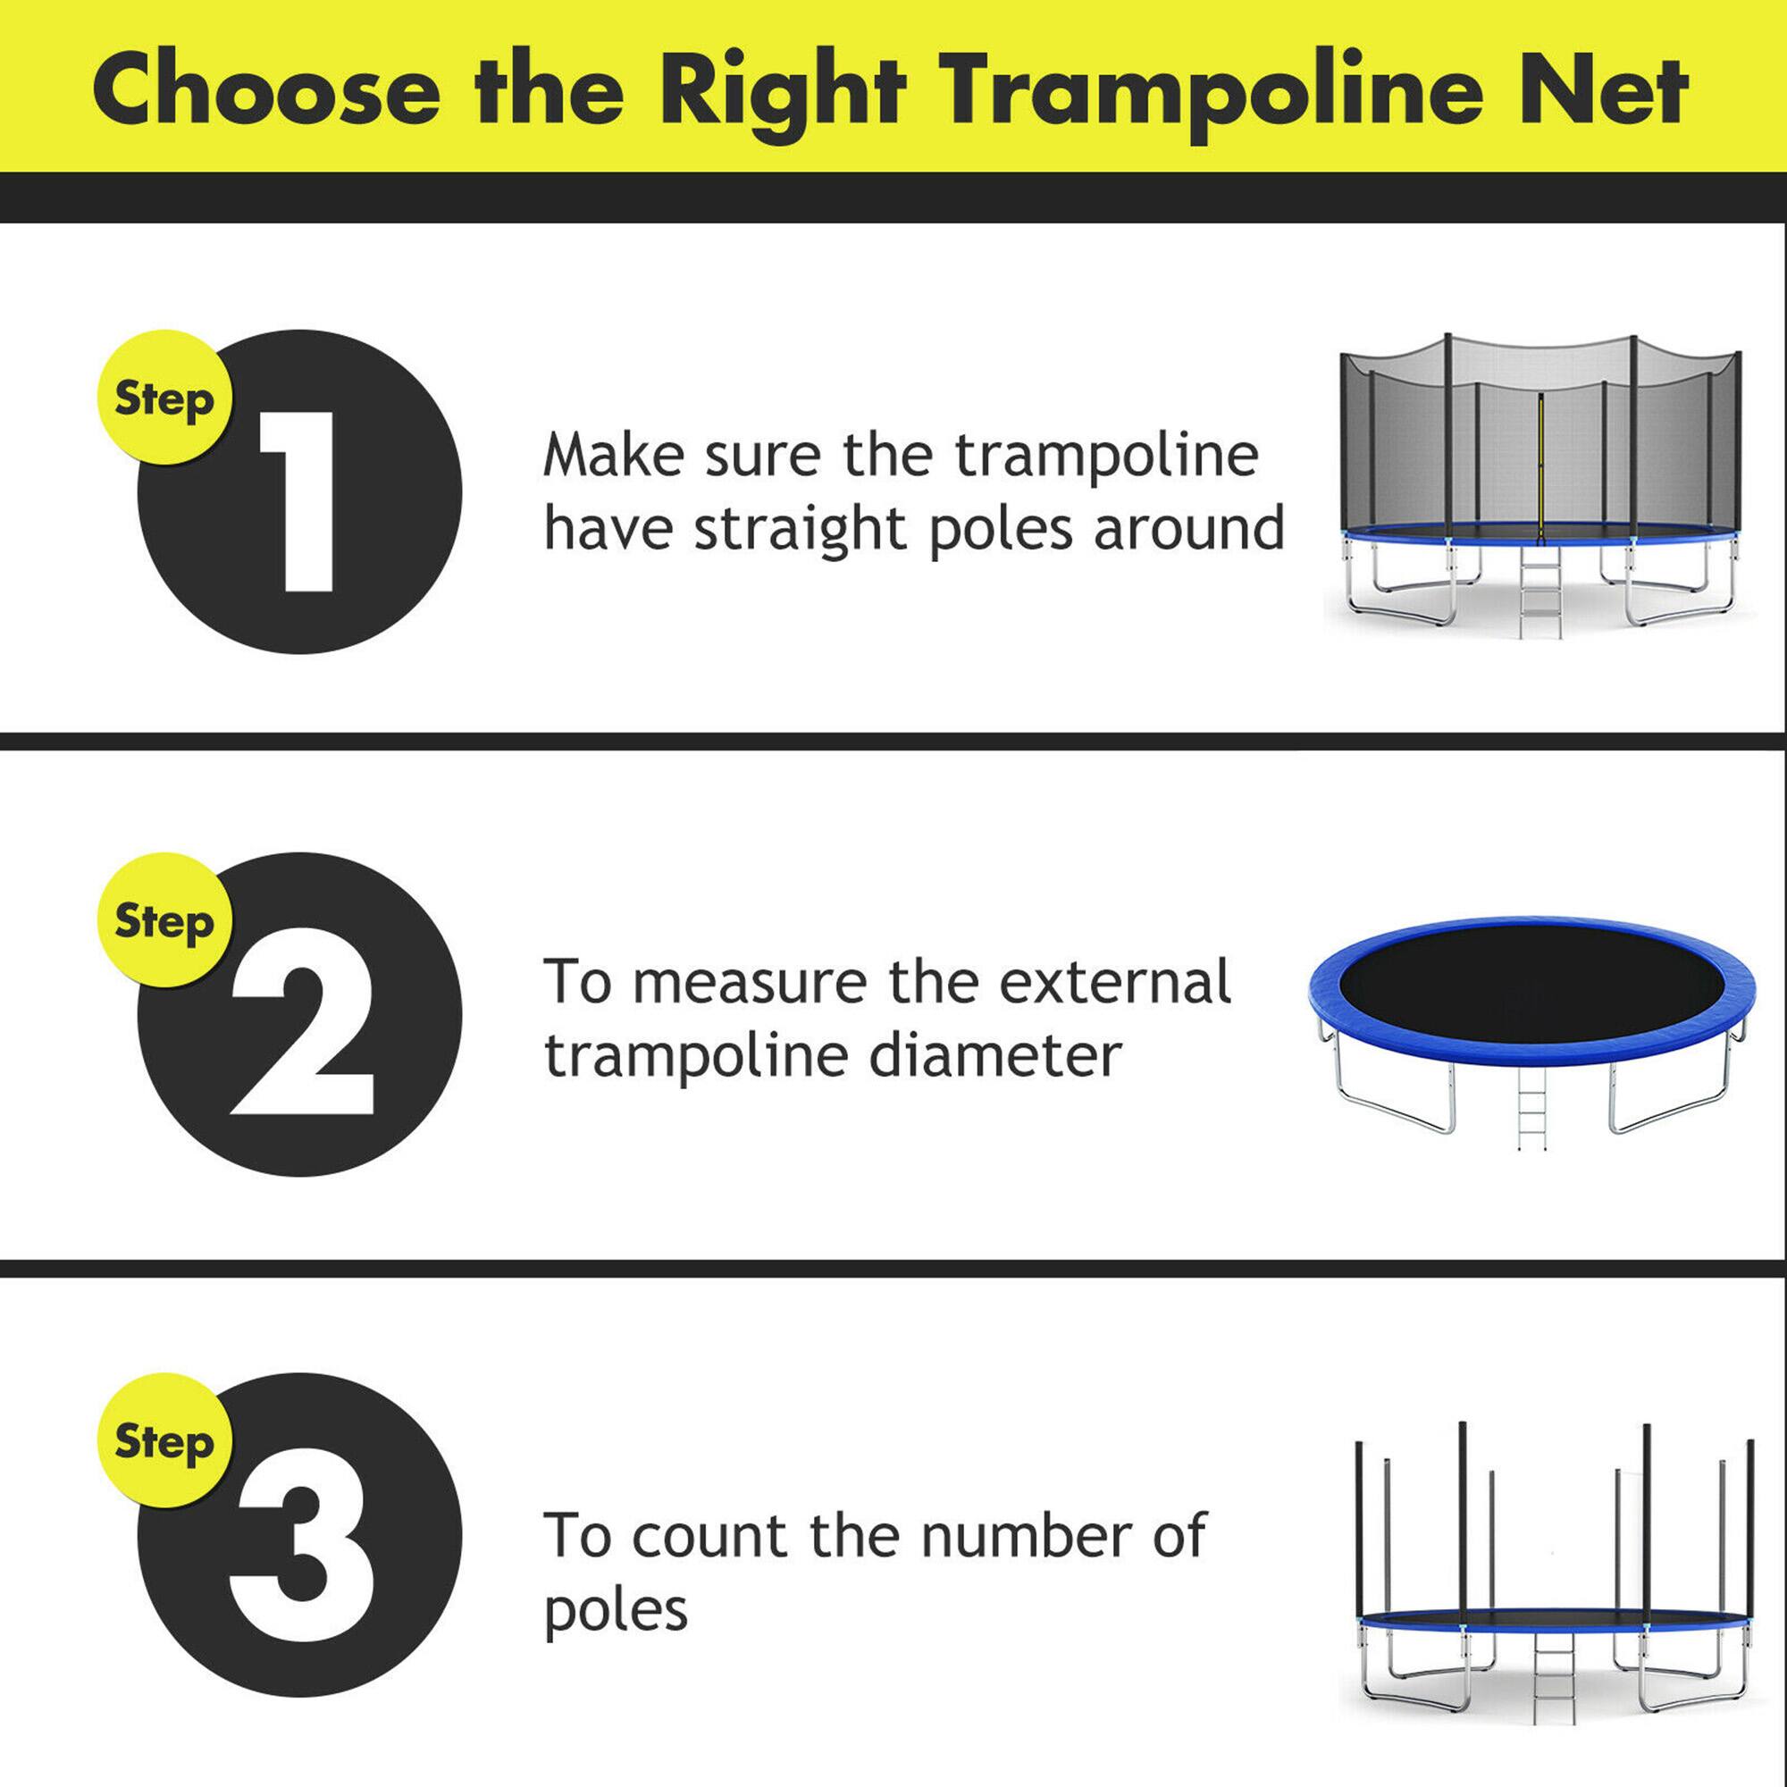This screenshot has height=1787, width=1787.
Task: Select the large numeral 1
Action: pyautogui.click(x=296, y=502)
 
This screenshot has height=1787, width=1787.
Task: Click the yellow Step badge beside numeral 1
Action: pyautogui.click(x=164, y=399)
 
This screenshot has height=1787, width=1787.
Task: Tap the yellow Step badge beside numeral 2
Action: pyautogui.click(x=164, y=921)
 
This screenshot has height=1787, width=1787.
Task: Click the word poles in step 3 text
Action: pyautogui.click(x=616, y=1610)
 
